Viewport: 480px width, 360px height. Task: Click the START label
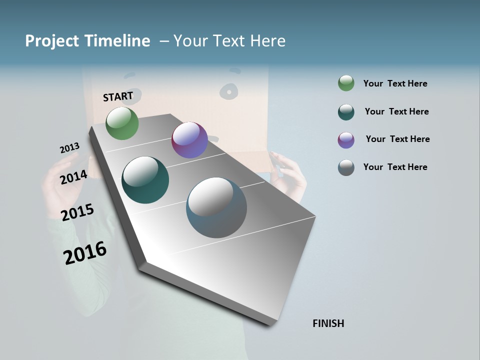[118, 96]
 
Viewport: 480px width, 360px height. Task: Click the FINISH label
[328, 323]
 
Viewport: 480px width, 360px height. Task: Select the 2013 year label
[69, 148]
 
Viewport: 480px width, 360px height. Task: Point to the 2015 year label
[77, 212]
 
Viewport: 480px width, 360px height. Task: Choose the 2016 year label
[85, 253]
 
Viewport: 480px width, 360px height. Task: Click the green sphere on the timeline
[122, 123]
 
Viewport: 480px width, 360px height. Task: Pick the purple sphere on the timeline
[189, 140]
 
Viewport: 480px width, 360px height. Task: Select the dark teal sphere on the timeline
[145, 180]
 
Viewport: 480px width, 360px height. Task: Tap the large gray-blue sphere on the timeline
[216, 207]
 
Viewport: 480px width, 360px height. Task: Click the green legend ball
[346, 83]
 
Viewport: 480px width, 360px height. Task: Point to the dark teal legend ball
[346, 111]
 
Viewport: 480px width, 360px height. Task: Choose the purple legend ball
[346, 139]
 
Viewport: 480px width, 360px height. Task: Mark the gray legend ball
[346, 167]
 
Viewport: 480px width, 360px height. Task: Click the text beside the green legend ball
[395, 83]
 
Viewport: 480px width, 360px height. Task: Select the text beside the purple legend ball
[397, 139]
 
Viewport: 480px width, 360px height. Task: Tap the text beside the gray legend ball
[395, 167]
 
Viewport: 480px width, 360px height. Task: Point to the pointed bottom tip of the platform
[270, 324]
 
